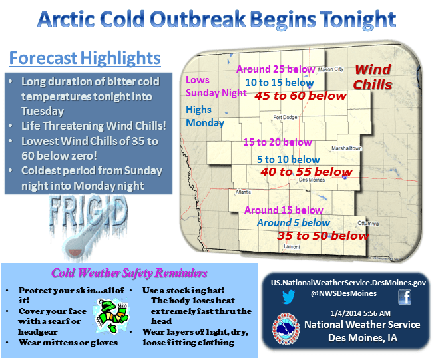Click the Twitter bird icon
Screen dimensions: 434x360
pyautogui.click(x=289, y=297)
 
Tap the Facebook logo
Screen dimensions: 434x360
pyautogui.click(x=405, y=297)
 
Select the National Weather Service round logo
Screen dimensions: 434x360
pyautogui.click(x=286, y=329)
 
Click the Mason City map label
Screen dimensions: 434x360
pyautogui.click(x=331, y=69)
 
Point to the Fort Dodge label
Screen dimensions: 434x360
pyautogui.click(x=285, y=117)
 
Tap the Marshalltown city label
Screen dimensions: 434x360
pyautogui.click(x=347, y=148)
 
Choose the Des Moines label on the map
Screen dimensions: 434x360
pyautogui.click(x=312, y=180)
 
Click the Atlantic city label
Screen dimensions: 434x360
pyautogui.click(x=244, y=192)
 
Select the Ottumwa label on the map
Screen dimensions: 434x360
pyautogui.click(x=368, y=224)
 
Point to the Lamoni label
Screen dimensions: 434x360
pyautogui.click(x=292, y=247)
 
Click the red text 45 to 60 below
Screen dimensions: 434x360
pyautogui.click(x=301, y=96)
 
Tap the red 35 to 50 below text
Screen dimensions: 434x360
pyautogui.click(x=323, y=236)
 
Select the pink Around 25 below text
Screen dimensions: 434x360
pyautogui.click(x=276, y=69)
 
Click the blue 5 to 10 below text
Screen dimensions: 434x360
pyautogui.click(x=288, y=160)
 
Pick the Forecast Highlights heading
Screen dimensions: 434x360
pyautogui.click(x=85, y=58)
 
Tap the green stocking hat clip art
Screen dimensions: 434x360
pyautogui.click(x=112, y=315)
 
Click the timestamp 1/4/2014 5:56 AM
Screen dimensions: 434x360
pyautogui.click(x=361, y=313)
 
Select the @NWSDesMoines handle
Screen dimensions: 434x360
pyautogui.click(x=343, y=293)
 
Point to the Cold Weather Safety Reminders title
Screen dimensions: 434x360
pyautogui.click(x=129, y=273)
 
